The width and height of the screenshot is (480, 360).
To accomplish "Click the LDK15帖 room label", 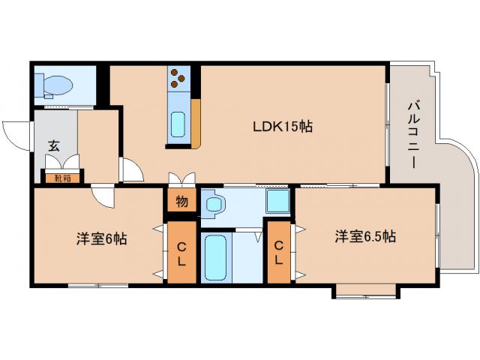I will coord(282,127).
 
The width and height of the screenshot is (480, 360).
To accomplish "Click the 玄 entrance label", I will coord(54,145).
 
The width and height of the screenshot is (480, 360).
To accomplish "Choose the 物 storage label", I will coord(181,202).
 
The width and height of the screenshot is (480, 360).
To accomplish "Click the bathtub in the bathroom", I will coord(215,257).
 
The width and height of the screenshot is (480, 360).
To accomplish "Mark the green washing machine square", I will coord(278,201).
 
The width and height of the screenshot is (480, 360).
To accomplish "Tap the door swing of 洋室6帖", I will coord(103,196).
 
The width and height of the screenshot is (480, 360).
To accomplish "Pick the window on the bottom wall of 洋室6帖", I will coord(97,286).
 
